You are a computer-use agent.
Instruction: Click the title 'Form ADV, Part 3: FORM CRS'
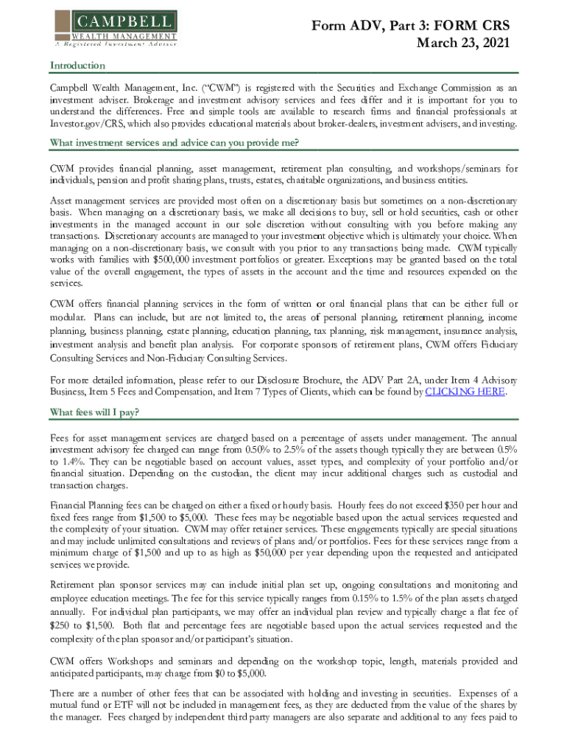[x=410, y=26]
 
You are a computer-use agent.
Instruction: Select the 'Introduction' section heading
[x=77, y=66]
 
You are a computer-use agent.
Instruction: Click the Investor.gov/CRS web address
[x=88, y=124]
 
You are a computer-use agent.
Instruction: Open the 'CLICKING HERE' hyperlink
[x=465, y=392]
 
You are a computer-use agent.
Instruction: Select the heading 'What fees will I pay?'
[x=94, y=411]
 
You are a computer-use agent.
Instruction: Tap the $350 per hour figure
[x=459, y=506]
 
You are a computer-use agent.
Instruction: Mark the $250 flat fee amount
[x=61, y=625]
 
